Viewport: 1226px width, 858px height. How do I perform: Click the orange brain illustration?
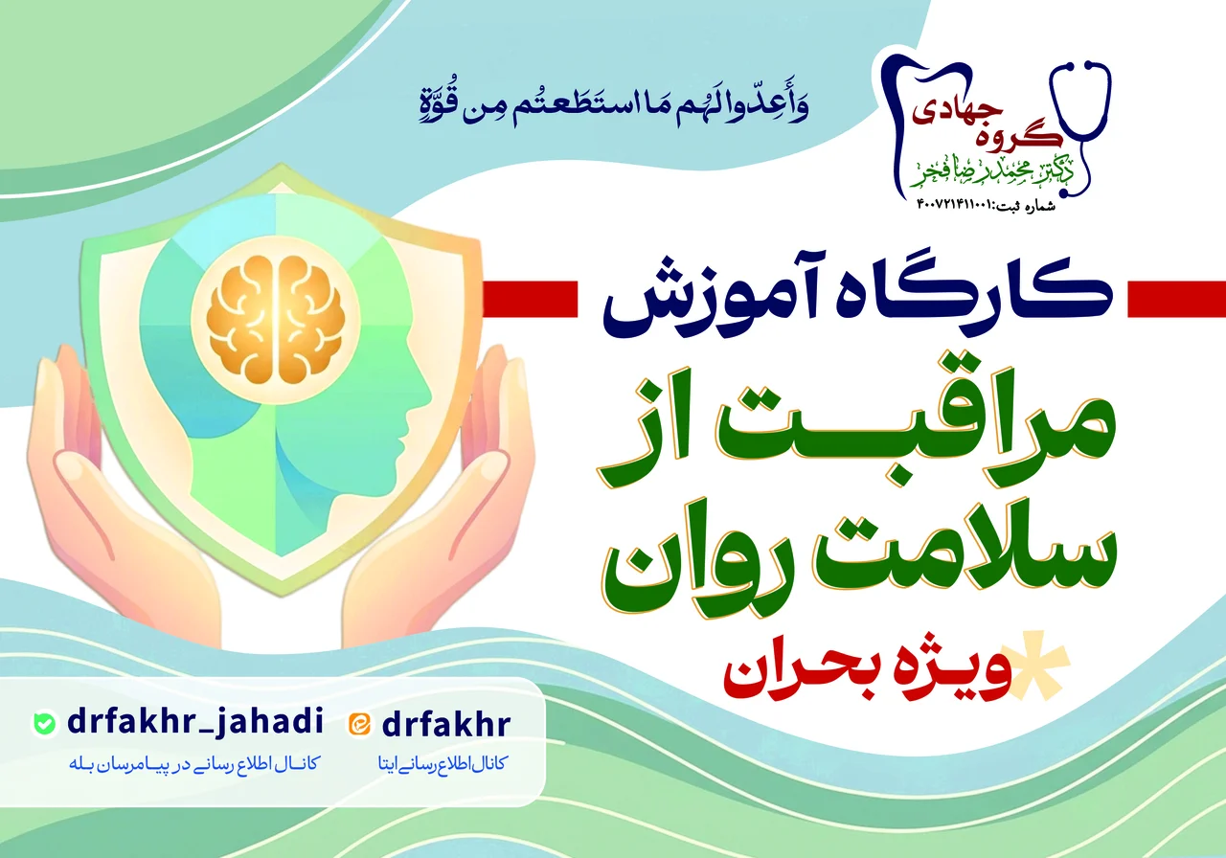pos(275,319)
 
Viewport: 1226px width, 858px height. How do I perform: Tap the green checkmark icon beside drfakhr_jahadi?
pos(44,723)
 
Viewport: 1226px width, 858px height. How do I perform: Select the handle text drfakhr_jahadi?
pos(194,722)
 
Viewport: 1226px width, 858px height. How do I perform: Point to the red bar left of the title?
pos(530,299)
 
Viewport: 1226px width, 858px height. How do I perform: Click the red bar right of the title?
pos(1176,299)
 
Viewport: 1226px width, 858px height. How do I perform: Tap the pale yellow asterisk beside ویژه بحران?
pos(1036,666)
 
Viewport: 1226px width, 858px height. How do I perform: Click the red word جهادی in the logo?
pos(957,112)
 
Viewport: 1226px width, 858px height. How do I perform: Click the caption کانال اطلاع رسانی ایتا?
pos(442,763)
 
